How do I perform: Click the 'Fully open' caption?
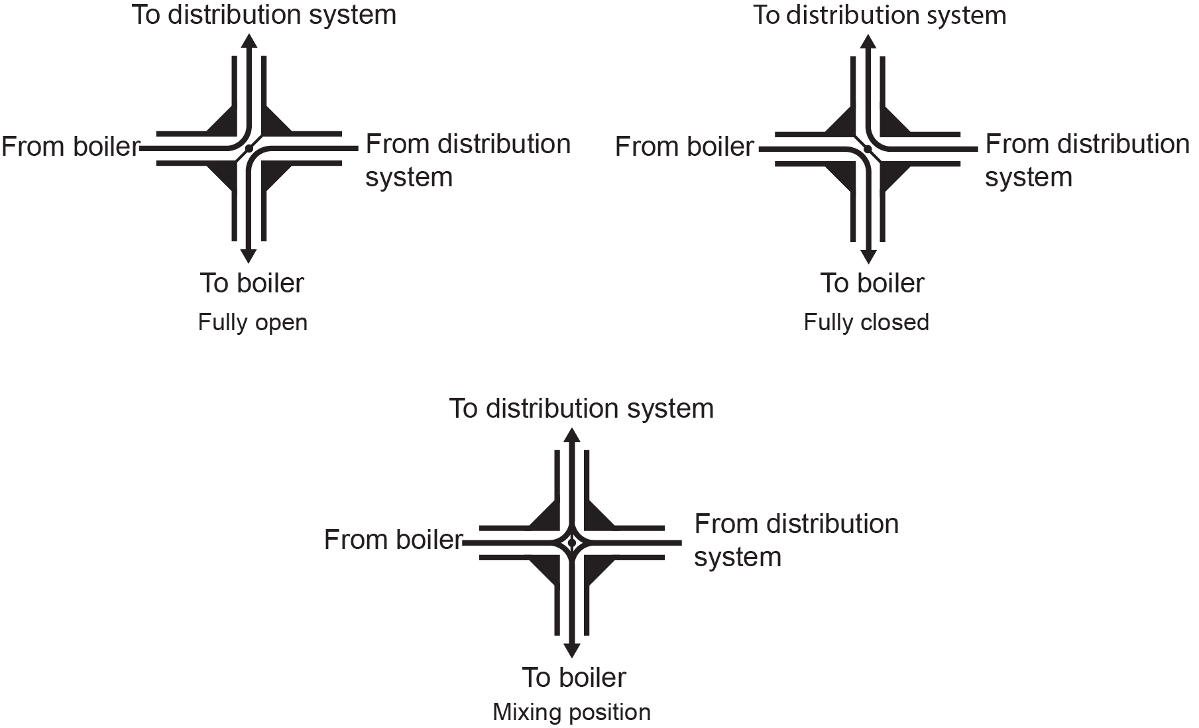pyautogui.click(x=253, y=323)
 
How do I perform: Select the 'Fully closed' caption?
pyautogui.click(x=866, y=323)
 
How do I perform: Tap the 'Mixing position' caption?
pyautogui.click(x=571, y=712)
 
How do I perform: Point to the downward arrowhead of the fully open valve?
pyautogui.click(x=249, y=256)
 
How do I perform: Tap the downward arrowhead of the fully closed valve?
pyautogui.click(x=868, y=256)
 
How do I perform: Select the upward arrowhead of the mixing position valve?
pyautogui.click(x=571, y=435)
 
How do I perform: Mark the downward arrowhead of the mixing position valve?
pyautogui.click(x=571, y=650)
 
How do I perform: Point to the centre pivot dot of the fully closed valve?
pyautogui.click(x=868, y=149)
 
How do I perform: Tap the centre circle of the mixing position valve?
pyautogui.click(x=571, y=543)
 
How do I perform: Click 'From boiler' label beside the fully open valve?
pyautogui.click(x=71, y=147)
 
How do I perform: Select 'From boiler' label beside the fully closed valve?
pyautogui.click(x=685, y=147)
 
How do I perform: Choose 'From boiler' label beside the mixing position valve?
pyautogui.click(x=393, y=540)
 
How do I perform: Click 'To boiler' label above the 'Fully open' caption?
pyautogui.click(x=252, y=283)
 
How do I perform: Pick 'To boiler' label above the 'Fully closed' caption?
pyautogui.click(x=872, y=283)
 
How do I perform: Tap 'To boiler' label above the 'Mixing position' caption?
pyautogui.click(x=574, y=678)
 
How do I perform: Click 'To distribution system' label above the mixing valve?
pyautogui.click(x=581, y=408)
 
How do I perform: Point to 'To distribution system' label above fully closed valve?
pyautogui.click(x=880, y=15)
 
